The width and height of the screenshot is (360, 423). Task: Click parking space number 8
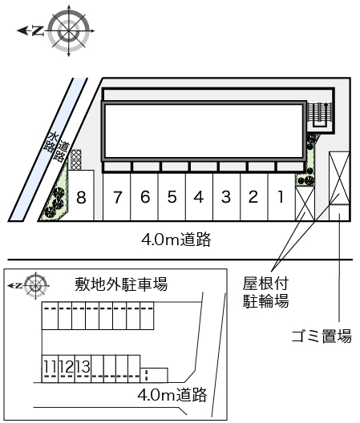click(81, 197)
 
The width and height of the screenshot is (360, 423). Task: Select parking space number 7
click(117, 197)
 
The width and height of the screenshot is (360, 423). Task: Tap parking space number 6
click(145, 197)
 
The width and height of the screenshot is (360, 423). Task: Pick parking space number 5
click(172, 197)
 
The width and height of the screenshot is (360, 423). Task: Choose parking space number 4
click(198, 197)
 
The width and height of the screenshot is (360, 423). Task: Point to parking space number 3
click(226, 197)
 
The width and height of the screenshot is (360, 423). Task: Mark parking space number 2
click(253, 197)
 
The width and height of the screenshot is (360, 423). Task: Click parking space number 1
click(280, 197)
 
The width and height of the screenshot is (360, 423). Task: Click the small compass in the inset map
click(36, 284)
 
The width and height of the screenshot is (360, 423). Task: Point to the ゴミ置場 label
click(321, 336)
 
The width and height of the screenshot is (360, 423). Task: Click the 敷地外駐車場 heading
click(121, 284)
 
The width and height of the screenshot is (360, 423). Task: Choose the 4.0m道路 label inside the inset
click(172, 394)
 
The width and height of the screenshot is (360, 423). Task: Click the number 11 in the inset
click(49, 367)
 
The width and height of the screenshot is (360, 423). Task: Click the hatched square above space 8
click(76, 159)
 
